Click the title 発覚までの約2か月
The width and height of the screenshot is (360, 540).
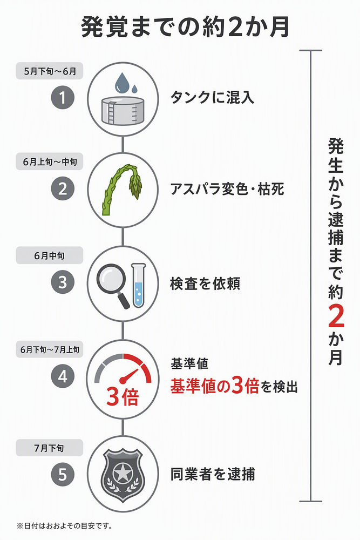tap(185, 27)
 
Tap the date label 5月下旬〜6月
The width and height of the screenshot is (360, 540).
tap(50, 71)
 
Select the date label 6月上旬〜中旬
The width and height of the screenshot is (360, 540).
tap(50, 161)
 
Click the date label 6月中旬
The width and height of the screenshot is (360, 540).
tap(50, 255)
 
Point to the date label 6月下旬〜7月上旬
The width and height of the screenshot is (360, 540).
tap(50, 349)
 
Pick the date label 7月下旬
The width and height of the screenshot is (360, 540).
tap(50, 448)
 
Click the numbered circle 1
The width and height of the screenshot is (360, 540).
tap(63, 97)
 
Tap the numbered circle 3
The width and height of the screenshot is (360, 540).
tap(63, 282)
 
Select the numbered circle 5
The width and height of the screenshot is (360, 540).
tap(63, 474)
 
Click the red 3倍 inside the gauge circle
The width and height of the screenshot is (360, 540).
tap(123, 397)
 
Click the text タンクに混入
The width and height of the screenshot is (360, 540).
tap(212, 97)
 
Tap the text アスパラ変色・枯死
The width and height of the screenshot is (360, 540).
tap(227, 189)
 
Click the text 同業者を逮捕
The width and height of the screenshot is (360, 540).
tap(213, 474)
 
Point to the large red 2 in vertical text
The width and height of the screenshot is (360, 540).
tap(336, 316)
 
